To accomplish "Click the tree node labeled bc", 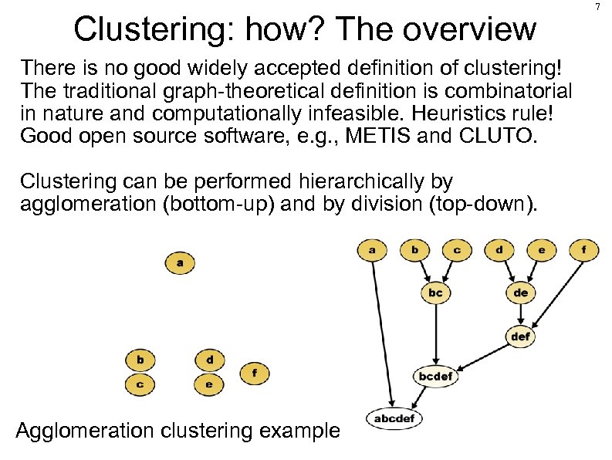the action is click(x=435, y=293).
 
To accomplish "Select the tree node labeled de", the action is click(x=521, y=293).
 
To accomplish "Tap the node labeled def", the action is click(x=521, y=337).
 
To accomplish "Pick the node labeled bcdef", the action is click(x=436, y=376).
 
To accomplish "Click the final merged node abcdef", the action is click(x=394, y=418).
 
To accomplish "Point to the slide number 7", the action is click(x=598, y=8).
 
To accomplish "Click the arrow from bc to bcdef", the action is click(x=435, y=332).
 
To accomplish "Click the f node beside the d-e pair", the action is click(x=255, y=373).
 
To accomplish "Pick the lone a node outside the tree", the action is click(x=180, y=262).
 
